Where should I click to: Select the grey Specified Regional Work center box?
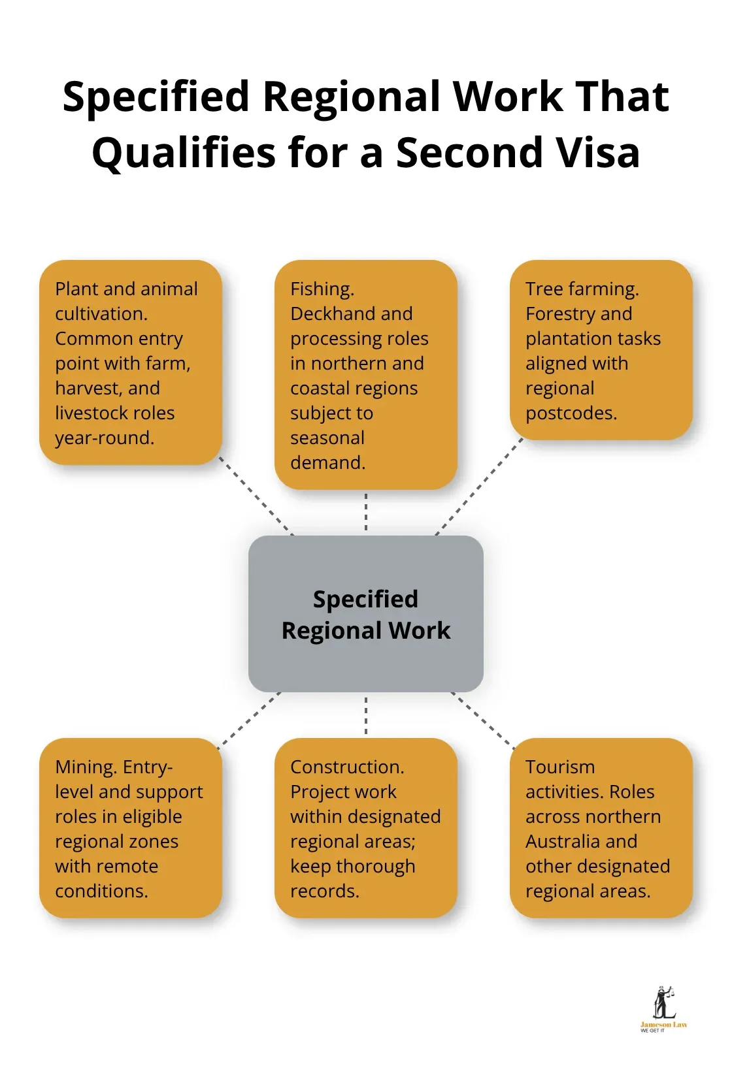coord(366,614)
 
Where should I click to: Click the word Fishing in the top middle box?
coord(322,289)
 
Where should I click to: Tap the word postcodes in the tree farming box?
coord(571,413)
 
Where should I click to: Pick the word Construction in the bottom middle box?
coord(347,767)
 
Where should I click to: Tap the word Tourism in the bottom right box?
coord(560,767)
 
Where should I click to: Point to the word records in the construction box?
coord(324,891)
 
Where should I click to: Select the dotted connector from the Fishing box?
coord(366,513)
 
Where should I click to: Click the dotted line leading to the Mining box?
coord(250,718)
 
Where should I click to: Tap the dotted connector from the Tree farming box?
coord(480,487)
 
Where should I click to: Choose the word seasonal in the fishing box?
coord(327,438)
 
